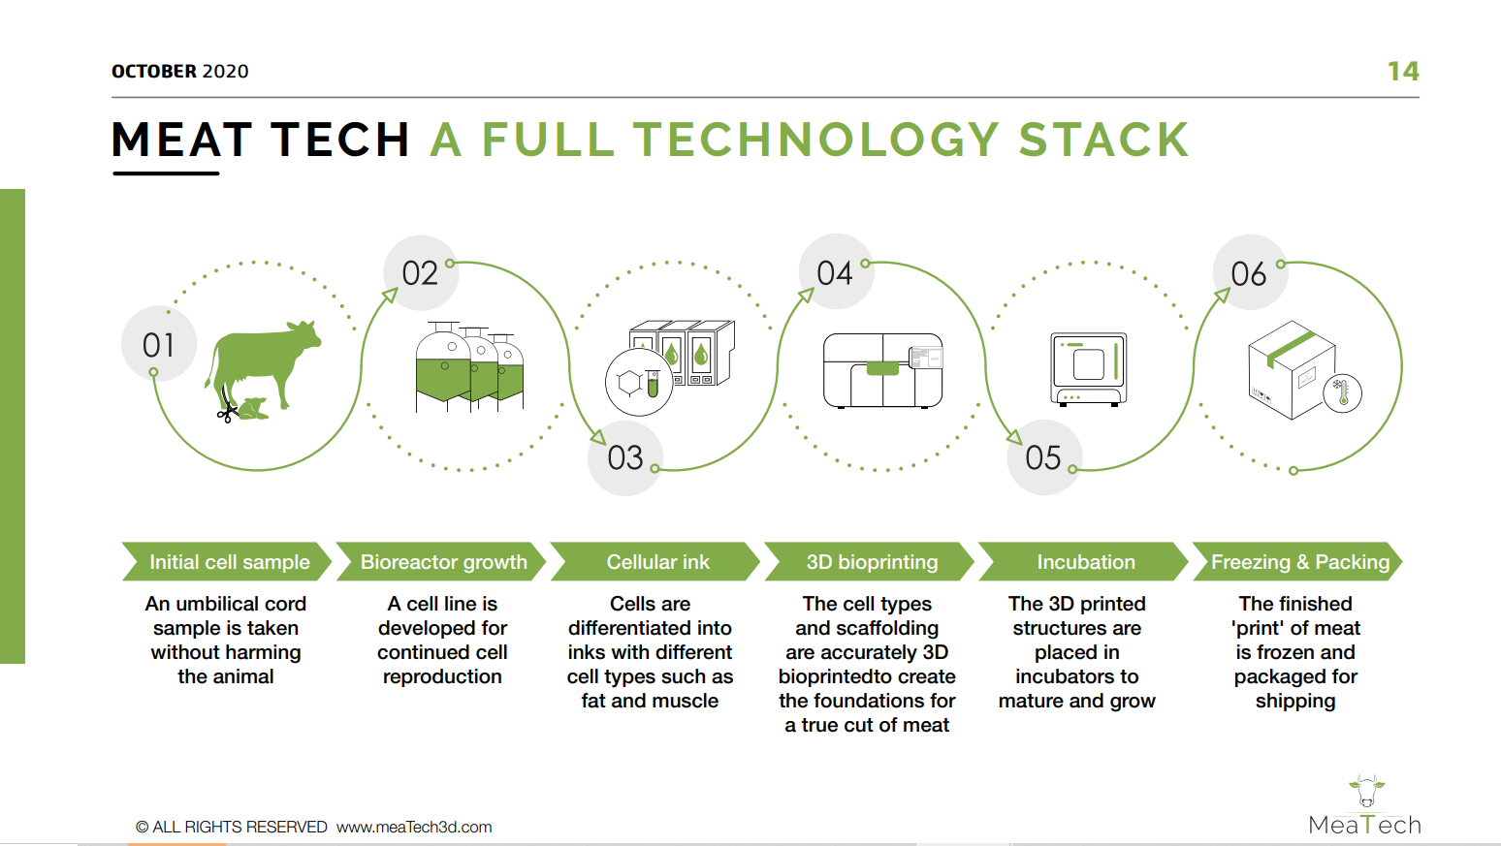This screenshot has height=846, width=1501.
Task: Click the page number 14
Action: click(x=1402, y=71)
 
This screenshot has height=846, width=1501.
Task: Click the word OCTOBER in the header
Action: click(x=154, y=71)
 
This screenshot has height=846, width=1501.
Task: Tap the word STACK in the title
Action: click(x=1103, y=140)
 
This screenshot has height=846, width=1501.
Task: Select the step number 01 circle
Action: click(x=159, y=344)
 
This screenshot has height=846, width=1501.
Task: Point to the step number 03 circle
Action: click(x=625, y=458)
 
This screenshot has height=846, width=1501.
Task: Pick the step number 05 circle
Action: click(x=1043, y=457)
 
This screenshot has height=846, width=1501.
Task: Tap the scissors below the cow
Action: click(x=227, y=410)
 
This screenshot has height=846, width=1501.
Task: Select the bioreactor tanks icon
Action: click(x=469, y=366)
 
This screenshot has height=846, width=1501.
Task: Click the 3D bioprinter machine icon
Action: click(x=883, y=370)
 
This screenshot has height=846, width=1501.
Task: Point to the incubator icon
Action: click(x=1089, y=369)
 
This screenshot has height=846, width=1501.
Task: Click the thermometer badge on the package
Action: click(x=1342, y=393)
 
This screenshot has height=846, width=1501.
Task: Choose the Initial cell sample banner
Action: click(x=227, y=561)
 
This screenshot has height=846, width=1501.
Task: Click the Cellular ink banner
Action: click(x=655, y=561)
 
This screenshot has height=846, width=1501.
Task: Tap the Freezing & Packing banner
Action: click(x=1297, y=561)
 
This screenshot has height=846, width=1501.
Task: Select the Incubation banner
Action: click(x=1083, y=561)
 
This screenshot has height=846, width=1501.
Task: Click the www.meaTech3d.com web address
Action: click(x=414, y=828)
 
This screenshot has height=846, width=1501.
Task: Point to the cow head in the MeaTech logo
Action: click(x=1366, y=792)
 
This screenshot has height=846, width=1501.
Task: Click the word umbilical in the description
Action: click(x=240, y=604)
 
